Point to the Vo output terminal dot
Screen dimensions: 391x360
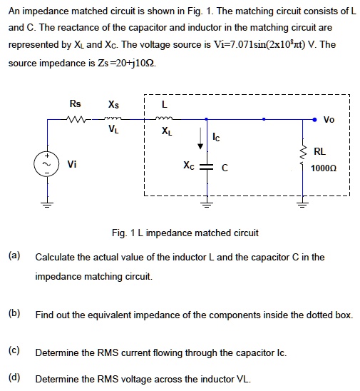[314, 120]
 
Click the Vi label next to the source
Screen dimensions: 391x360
[72, 164]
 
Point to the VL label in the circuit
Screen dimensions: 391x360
[114, 131]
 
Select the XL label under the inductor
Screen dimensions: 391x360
[166, 131]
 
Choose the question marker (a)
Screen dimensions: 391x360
[14, 255]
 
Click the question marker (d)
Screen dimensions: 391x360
[14, 378]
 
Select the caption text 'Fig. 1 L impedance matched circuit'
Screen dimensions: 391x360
[185, 233]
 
